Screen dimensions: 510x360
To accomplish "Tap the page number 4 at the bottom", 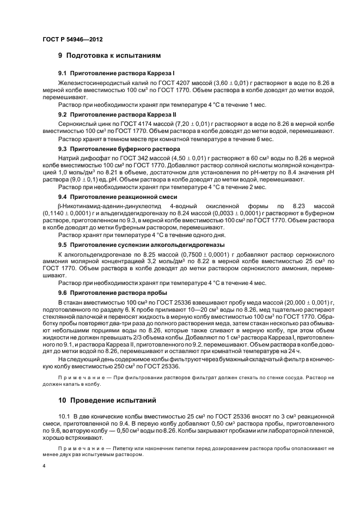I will pyautogui.click(x=44, y=466).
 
